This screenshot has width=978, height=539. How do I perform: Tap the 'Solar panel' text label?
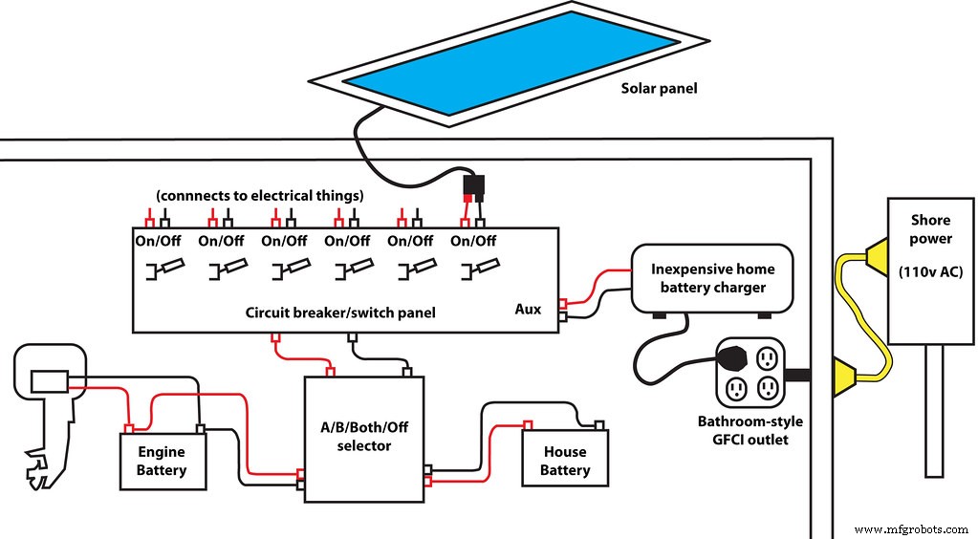pyautogui.click(x=659, y=89)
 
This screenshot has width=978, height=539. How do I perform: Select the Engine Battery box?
pyautogui.click(x=162, y=461)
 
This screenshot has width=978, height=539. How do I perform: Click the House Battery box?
pyautogui.click(x=564, y=461)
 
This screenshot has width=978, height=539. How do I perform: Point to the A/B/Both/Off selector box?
pyautogui.click(x=363, y=438)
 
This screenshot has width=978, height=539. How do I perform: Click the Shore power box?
pyautogui.click(x=930, y=270)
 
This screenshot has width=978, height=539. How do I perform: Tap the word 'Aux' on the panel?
pyautogui.click(x=527, y=309)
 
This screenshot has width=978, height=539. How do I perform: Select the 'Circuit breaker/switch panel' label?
pyautogui.click(x=328, y=313)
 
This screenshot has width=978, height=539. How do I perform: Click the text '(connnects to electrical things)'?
pyautogui.click(x=259, y=195)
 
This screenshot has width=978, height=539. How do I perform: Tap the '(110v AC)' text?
pyautogui.click(x=929, y=271)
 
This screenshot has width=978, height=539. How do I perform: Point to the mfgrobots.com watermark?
pyautogui.click(x=913, y=528)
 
